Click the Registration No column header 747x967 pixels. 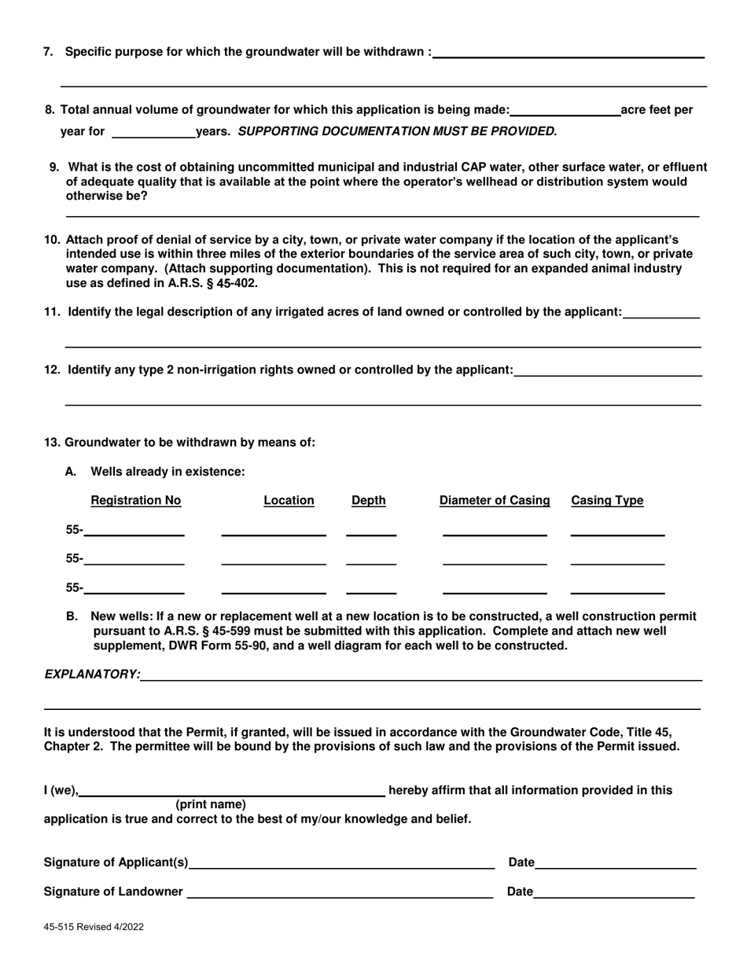[x=136, y=501]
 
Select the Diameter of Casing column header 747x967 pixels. [x=495, y=501]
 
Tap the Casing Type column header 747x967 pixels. [x=607, y=501]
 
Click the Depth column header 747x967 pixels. [x=368, y=501]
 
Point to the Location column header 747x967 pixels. [x=289, y=501]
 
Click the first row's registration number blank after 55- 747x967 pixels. [x=134, y=531]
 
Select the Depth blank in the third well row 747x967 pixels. [x=371, y=589]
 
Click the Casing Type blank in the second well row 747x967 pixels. [x=617, y=560]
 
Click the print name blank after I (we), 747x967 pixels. [x=232, y=791]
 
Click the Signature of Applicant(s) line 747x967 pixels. [x=342, y=863]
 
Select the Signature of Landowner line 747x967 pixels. [x=340, y=892]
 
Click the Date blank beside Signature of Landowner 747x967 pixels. [x=614, y=892]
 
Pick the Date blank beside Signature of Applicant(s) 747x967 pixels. [x=616, y=863]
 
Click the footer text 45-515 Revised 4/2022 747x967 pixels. [x=94, y=927]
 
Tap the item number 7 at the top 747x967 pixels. [x=49, y=52]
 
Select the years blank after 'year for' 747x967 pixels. [x=154, y=132]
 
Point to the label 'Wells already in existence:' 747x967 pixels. [x=167, y=472]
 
